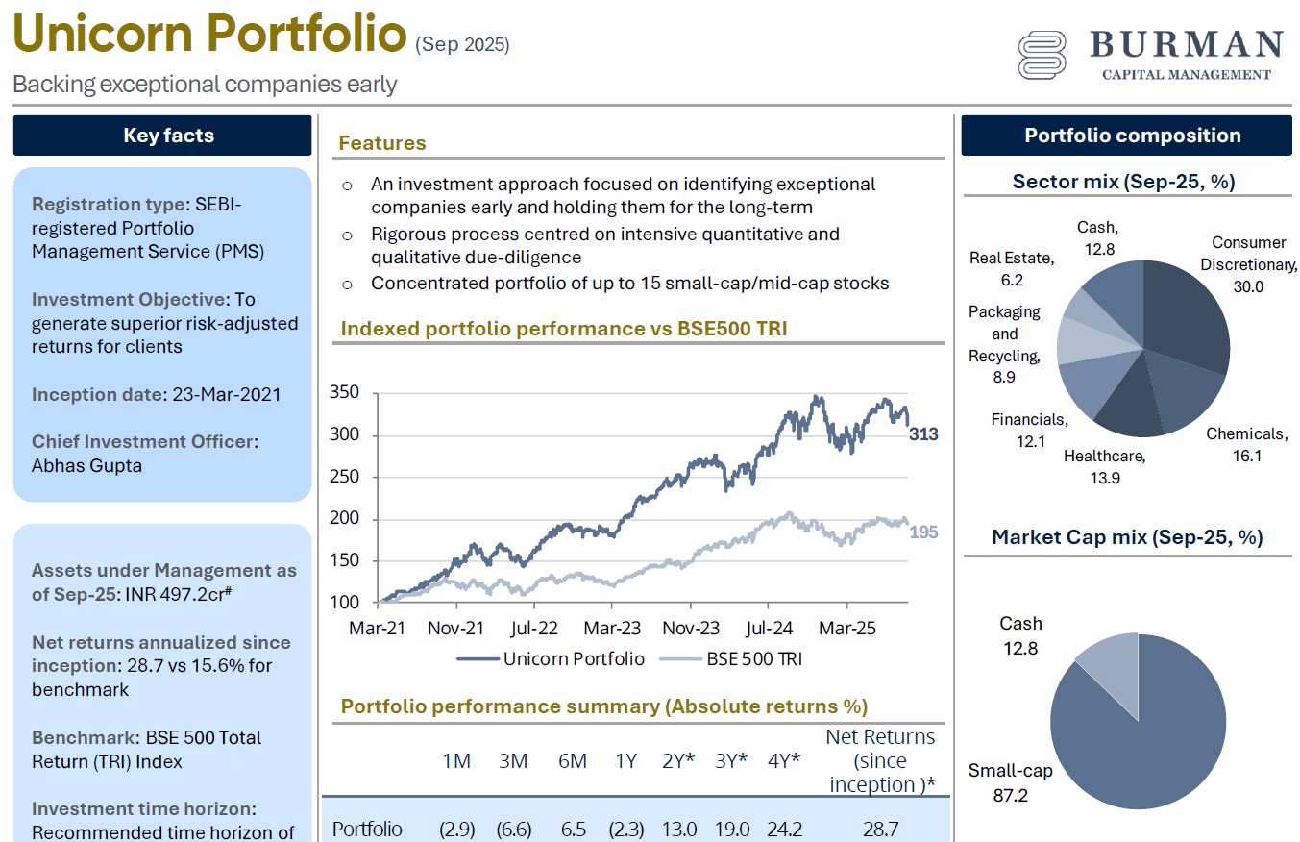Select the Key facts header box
162,136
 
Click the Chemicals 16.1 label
1246,445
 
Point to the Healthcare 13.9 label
1104,467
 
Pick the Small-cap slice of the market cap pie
1143,740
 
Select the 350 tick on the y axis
343,392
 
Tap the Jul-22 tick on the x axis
533,629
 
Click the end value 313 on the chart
923,434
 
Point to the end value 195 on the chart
923,532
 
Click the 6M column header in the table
572,761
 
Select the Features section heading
381,143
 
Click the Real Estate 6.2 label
1011,268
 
